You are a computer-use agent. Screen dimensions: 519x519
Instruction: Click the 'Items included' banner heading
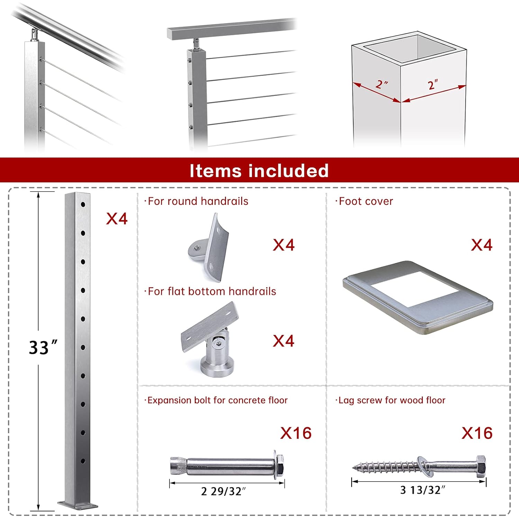coord(259,171)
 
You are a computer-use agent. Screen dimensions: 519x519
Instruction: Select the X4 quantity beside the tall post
coord(117,219)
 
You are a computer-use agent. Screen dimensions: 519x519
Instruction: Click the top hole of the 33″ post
coord(83,204)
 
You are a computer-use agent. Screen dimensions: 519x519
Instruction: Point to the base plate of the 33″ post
coord(78,506)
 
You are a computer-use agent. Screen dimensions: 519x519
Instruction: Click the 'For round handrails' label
coord(198,201)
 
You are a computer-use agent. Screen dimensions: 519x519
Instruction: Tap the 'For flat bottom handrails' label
coord(211,291)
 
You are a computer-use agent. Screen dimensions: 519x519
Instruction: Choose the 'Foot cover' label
coord(365,201)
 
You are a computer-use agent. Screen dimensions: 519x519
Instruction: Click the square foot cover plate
coord(418,298)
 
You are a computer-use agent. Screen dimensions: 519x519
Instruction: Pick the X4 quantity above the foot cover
coord(481,245)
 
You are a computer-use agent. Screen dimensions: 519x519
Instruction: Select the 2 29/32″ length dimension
coord(224,491)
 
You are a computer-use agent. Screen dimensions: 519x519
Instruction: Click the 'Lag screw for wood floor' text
coord(391,400)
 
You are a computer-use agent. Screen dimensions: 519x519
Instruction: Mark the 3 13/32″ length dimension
coord(422,490)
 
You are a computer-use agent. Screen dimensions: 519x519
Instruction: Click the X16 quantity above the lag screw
coord(477,433)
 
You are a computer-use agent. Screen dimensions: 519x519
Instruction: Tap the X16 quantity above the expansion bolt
coord(296,433)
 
